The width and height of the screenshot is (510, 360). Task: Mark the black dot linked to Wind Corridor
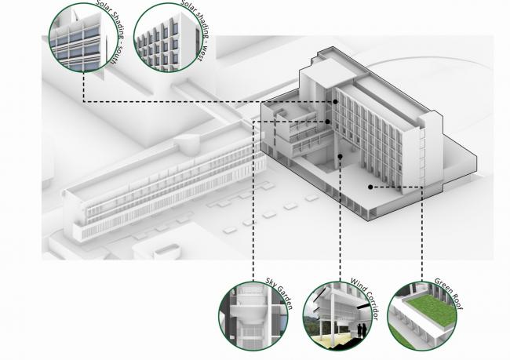pos(340,157)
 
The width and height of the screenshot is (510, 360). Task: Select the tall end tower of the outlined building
pos(430,153)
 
